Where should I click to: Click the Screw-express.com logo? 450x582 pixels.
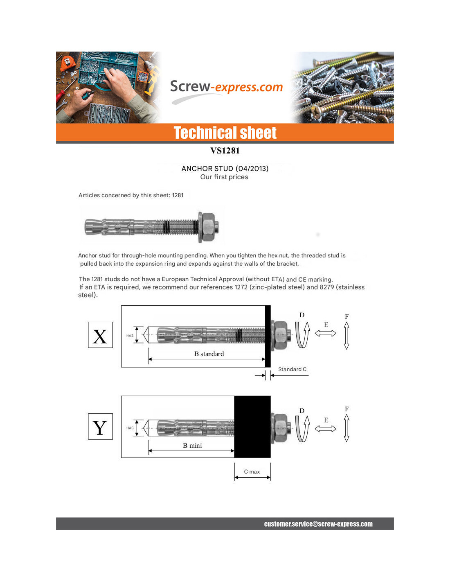226,87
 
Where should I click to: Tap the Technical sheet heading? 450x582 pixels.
225,133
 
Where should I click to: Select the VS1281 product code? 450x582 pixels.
225,151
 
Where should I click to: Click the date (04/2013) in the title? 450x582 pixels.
252,169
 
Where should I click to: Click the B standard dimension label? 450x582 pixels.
209,354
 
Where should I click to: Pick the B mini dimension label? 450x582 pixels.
192,446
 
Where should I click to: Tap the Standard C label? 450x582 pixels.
292,369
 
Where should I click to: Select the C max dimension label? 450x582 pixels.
252,472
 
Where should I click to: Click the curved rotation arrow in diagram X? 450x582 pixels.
302,334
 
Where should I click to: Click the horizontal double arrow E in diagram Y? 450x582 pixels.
326,429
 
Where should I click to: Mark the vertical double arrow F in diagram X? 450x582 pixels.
346,336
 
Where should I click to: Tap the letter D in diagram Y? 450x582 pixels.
302,411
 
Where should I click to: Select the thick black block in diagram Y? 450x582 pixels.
252,426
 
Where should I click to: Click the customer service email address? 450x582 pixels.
318,524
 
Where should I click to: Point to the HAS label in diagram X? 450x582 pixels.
130,336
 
